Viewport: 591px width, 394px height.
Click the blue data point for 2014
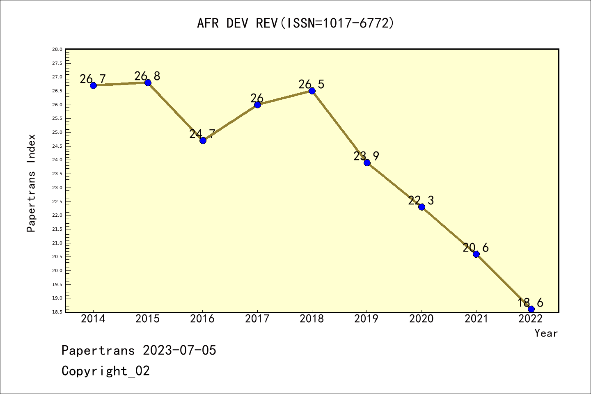(93, 85)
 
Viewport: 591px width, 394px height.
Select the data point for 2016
(203, 140)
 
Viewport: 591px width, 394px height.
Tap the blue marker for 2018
(312, 91)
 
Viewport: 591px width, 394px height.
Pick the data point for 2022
(531, 309)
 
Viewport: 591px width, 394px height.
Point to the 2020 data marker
(421, 207)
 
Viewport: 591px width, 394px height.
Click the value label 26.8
(147, 76)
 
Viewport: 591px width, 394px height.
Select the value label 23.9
(366, 156)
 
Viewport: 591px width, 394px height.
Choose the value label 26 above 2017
(257, 98)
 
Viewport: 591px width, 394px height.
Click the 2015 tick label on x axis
(148, 319)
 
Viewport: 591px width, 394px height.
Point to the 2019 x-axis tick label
(367, 319)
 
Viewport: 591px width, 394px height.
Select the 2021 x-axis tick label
(476, 319)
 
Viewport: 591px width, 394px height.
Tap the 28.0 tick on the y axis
(57, 50)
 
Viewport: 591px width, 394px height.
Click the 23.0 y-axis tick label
(57, 188)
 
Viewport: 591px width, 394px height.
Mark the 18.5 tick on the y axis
(57, 312)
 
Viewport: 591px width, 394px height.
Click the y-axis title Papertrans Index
(31, 183)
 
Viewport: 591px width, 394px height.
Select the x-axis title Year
(546, 333)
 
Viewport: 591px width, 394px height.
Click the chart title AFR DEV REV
(295, 23)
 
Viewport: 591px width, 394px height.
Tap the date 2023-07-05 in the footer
(179, 350)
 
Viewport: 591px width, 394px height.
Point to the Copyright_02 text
(105, 371)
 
